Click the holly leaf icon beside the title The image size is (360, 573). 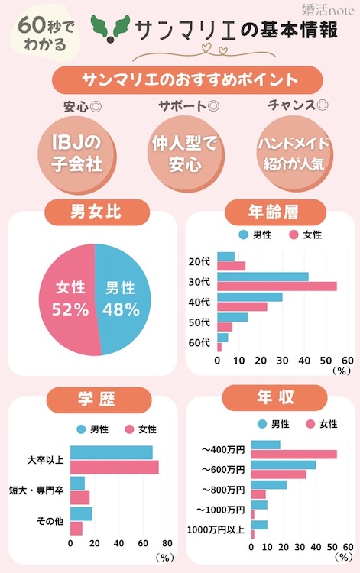point(109,29)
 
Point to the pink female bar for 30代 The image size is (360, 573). point(277,286)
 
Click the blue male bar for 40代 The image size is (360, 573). point(250,296)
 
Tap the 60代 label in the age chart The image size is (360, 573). point(199,342)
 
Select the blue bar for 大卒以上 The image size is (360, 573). point(111,452)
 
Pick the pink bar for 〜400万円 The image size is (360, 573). point(294,455)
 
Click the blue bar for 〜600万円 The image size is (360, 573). point(283,465)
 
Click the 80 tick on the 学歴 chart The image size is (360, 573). point(167,544)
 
